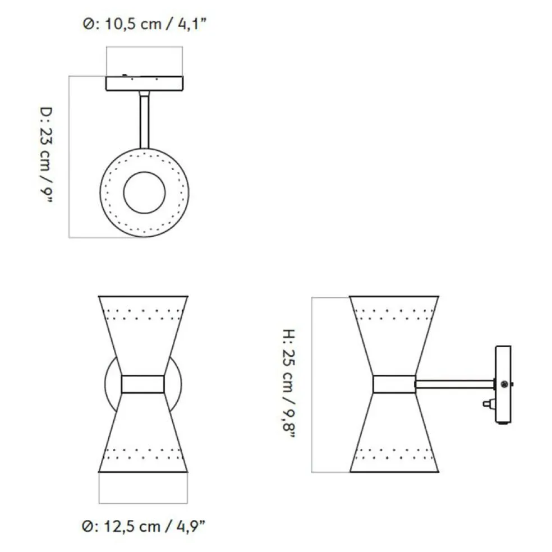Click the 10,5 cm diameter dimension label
pyautogui.click(x=144, y=24)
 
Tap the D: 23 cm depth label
pyautogui.click(x=46, y=155)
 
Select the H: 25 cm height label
pyautogui.click(x=289, y=383)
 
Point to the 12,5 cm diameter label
pyautogui.click(x=143, y=526)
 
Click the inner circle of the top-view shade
pyautogui.click(x=144, y=172)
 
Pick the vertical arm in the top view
pyautogui.click(x=144, y=119)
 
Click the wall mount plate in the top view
pyautogui.click(x=144, y=84)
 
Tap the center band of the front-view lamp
pyautogui.click(x=143, y=384)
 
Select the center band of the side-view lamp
pyautogui.click(x=394, y=384)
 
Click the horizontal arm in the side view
pyautogui.click(x=455, y=384)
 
